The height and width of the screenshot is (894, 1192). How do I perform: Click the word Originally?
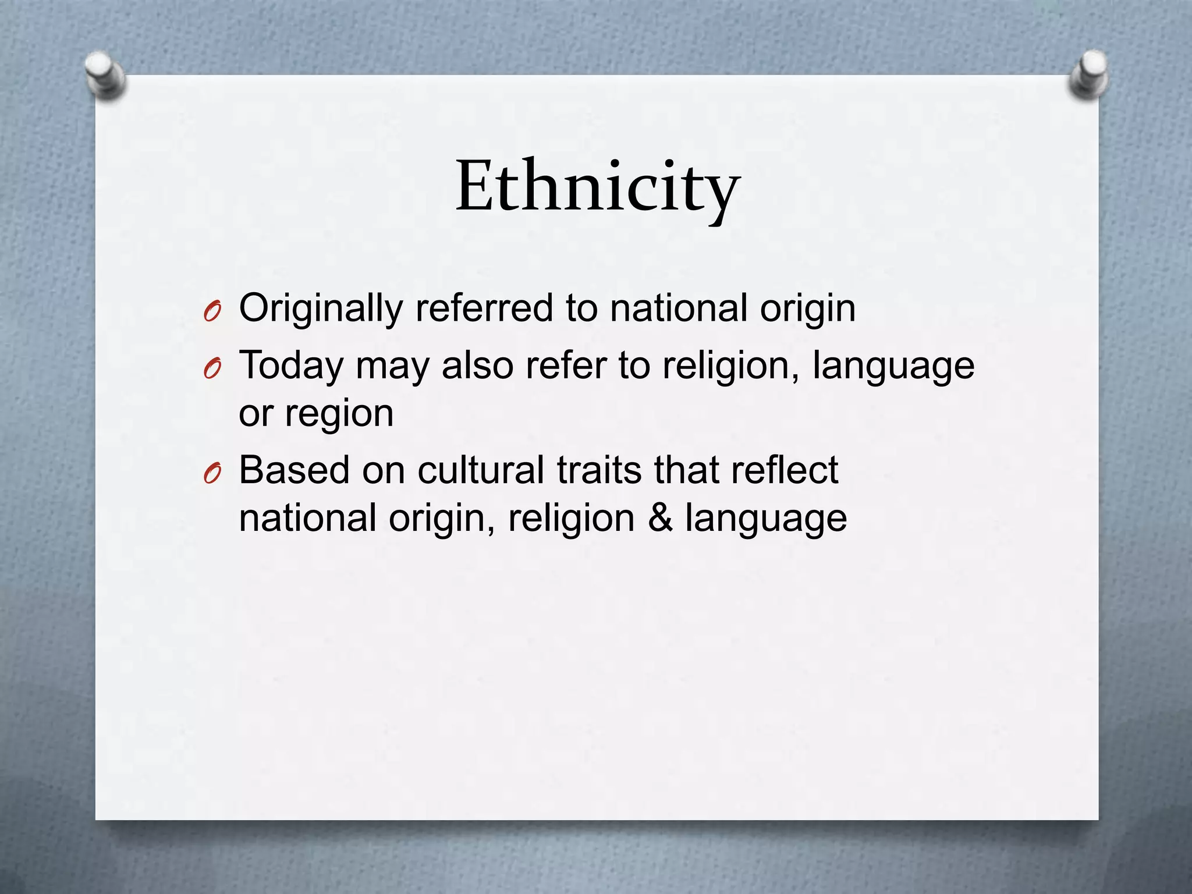tap(321, 308)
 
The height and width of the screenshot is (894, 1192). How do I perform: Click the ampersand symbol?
tap(660, 517)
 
